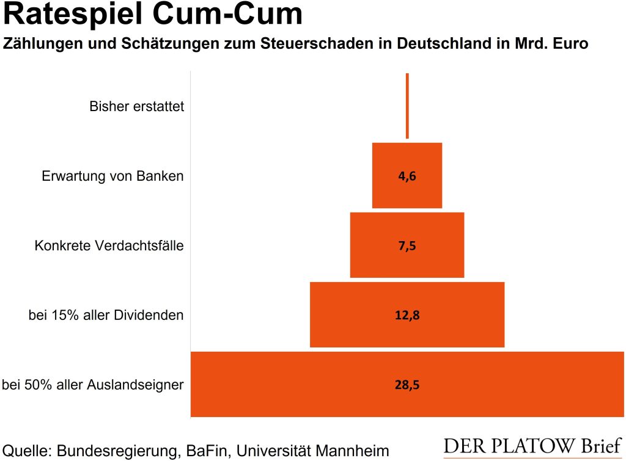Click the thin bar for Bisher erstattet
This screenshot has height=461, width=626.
tap(407, 106)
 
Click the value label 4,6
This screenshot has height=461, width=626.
tap(407, 176)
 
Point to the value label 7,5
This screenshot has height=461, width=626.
tap(407, 246)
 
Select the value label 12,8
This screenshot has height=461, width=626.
tap(407, 316)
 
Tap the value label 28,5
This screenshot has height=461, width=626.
tap(407, 385)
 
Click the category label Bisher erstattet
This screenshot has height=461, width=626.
tap(136, 107)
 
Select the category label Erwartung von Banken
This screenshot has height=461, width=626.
tap(112, 176)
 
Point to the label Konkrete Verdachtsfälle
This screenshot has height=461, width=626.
tap(109, 246)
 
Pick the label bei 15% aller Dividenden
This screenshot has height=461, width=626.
tap(106, 316)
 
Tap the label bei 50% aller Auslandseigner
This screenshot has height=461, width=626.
tap(93, 385)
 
